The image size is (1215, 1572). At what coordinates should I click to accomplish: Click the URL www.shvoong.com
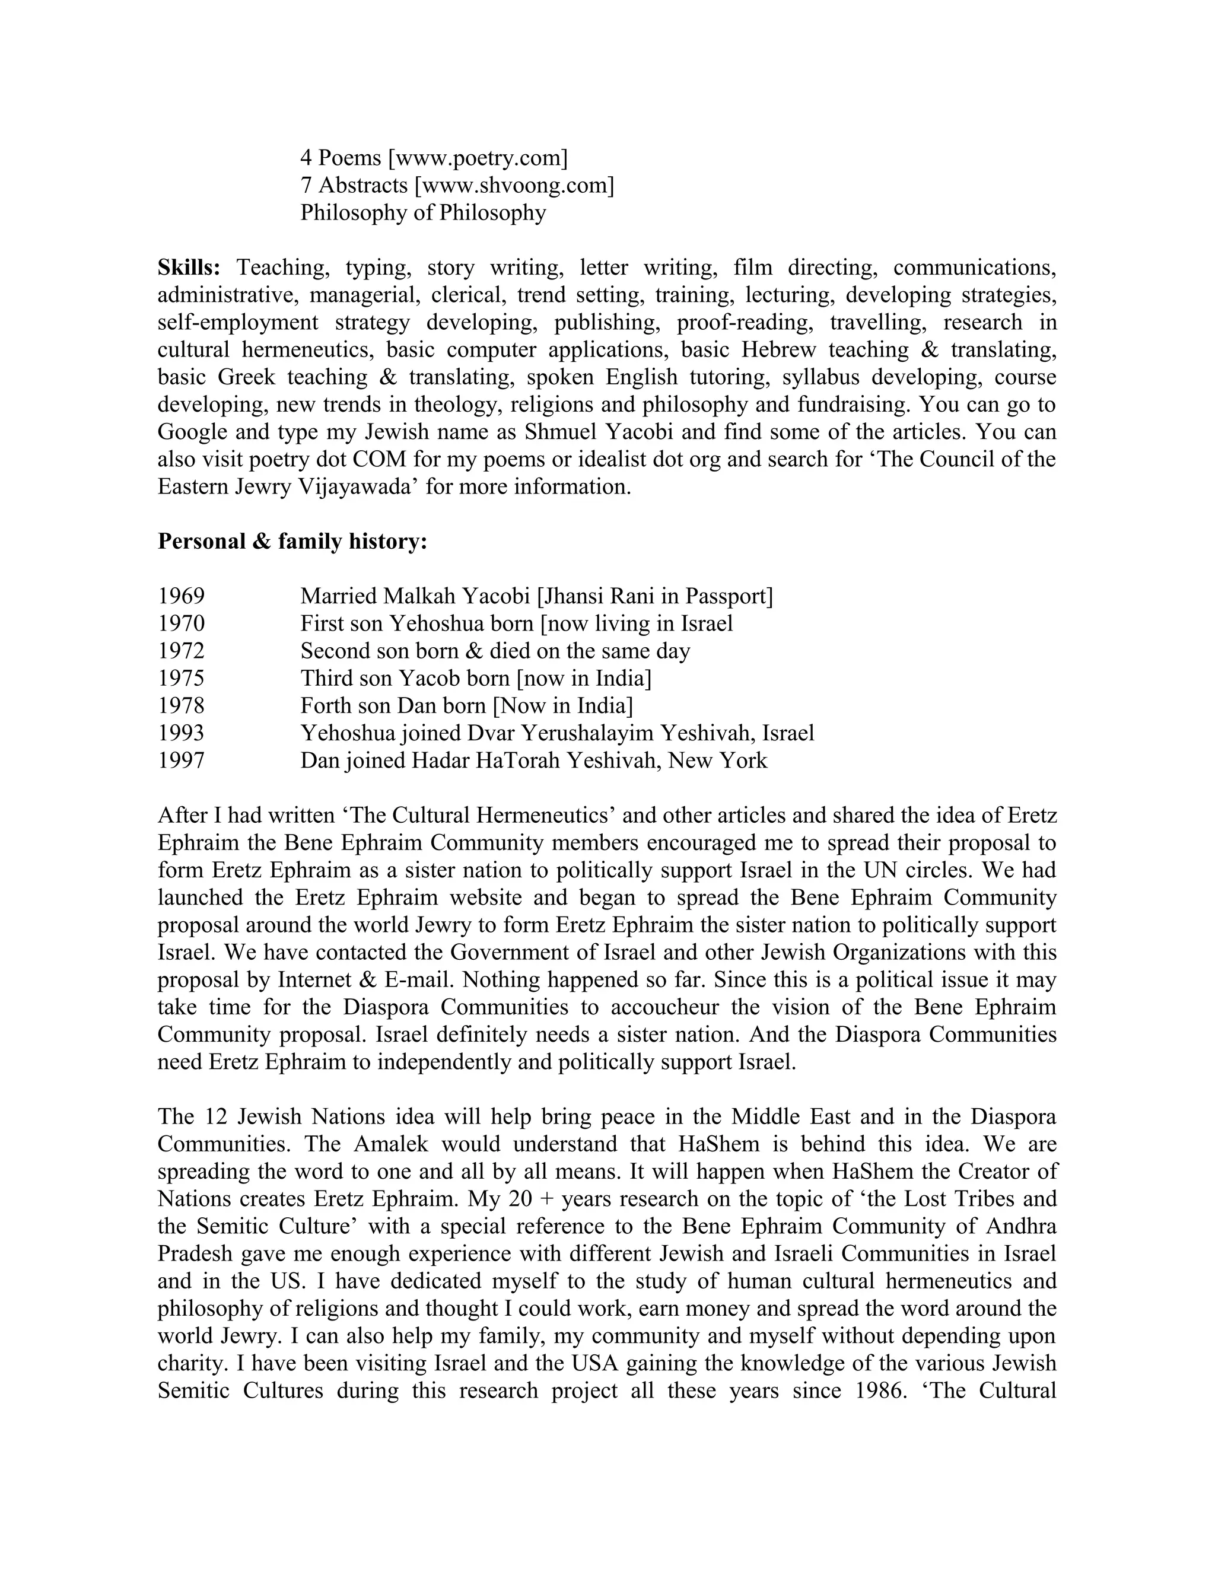[514, 185]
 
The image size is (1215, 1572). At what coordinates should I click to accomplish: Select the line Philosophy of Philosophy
[422, 213]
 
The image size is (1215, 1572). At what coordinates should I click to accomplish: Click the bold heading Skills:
[189, 268]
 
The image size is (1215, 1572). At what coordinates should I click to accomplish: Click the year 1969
[181, 596]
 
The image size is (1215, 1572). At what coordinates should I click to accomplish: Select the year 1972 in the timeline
[181, 651]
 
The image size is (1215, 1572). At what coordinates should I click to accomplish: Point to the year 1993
[181, 733]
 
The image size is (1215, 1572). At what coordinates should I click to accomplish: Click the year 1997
[181, 760]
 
